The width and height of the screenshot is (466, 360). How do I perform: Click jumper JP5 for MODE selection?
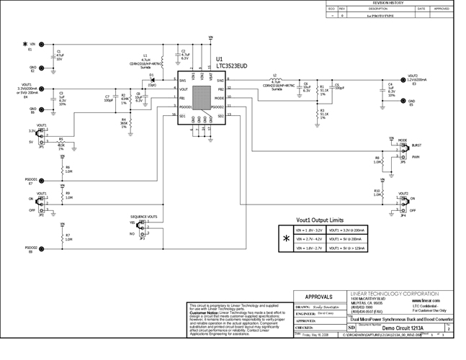pos(405,150)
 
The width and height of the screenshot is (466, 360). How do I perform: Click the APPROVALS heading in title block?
pos(320,296)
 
